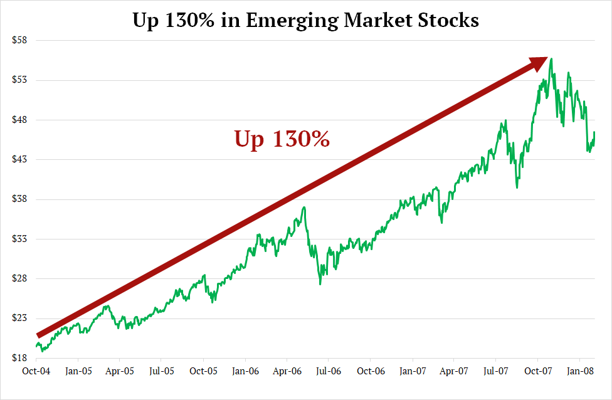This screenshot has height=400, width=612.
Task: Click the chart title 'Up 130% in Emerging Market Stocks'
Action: (x=306, y=20)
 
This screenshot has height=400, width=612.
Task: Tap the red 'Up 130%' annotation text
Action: (x=282, y=139)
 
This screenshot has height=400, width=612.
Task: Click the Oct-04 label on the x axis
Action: (x=36, y=371)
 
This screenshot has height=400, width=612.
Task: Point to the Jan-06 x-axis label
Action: (x=245, y=371)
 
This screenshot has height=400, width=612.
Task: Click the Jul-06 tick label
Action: (x=329, y=371)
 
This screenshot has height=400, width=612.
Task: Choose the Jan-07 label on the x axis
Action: (x=412, y=371)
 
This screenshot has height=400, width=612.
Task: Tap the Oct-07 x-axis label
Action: (x=537, y=371)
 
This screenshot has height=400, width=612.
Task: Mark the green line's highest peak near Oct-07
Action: (x=551, y=59)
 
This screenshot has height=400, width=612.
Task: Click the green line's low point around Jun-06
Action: (x=320, y=284)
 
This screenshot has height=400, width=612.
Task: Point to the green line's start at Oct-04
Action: (x=36, y=345)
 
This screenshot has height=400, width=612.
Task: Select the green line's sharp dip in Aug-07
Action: (x=517, y=187)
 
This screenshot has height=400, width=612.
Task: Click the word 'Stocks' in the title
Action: (x=447, y=20)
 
